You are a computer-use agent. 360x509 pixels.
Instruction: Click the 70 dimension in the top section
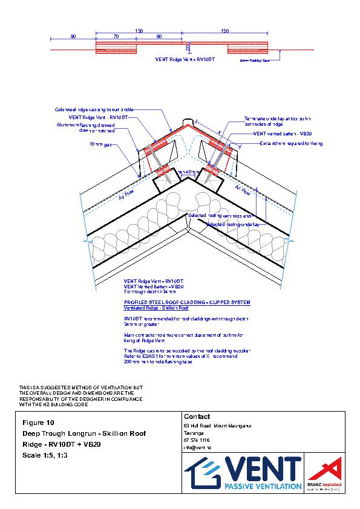(x=115, y=36)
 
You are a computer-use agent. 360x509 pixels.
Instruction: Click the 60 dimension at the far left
(x=73, y=36)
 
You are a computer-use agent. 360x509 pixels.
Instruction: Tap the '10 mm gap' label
(x=100, y=144)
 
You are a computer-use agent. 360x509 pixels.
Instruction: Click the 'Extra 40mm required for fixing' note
(x=291, y=143)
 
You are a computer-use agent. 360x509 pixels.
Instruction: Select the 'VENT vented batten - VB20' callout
(x=281, y=133)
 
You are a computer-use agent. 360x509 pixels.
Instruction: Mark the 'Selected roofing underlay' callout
(x=234, y=224)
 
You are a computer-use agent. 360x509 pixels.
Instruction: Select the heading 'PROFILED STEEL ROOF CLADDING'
(x=186, y=302)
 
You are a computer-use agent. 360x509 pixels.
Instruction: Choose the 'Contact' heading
(x=196, y=417)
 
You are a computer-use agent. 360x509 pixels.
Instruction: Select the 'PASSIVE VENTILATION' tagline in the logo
(x=263, y=485)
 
